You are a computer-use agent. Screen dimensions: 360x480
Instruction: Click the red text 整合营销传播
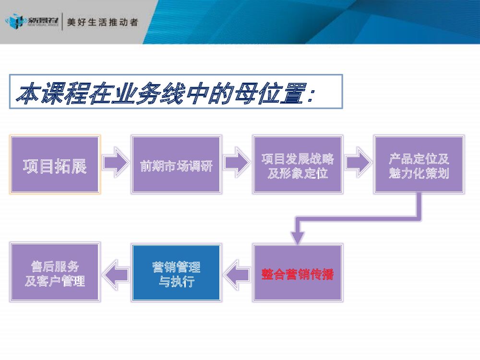298,274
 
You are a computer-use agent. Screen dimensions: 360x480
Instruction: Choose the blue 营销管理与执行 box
176,273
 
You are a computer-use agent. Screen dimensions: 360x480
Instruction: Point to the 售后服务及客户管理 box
55,273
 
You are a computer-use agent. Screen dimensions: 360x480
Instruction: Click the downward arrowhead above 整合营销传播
298,236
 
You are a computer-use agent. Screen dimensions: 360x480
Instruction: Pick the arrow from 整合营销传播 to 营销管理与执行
237,274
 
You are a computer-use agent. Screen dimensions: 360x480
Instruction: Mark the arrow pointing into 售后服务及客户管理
116,274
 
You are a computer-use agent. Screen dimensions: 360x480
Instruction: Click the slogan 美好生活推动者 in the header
103,23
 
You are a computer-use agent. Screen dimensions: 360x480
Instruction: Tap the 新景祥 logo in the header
32,22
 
